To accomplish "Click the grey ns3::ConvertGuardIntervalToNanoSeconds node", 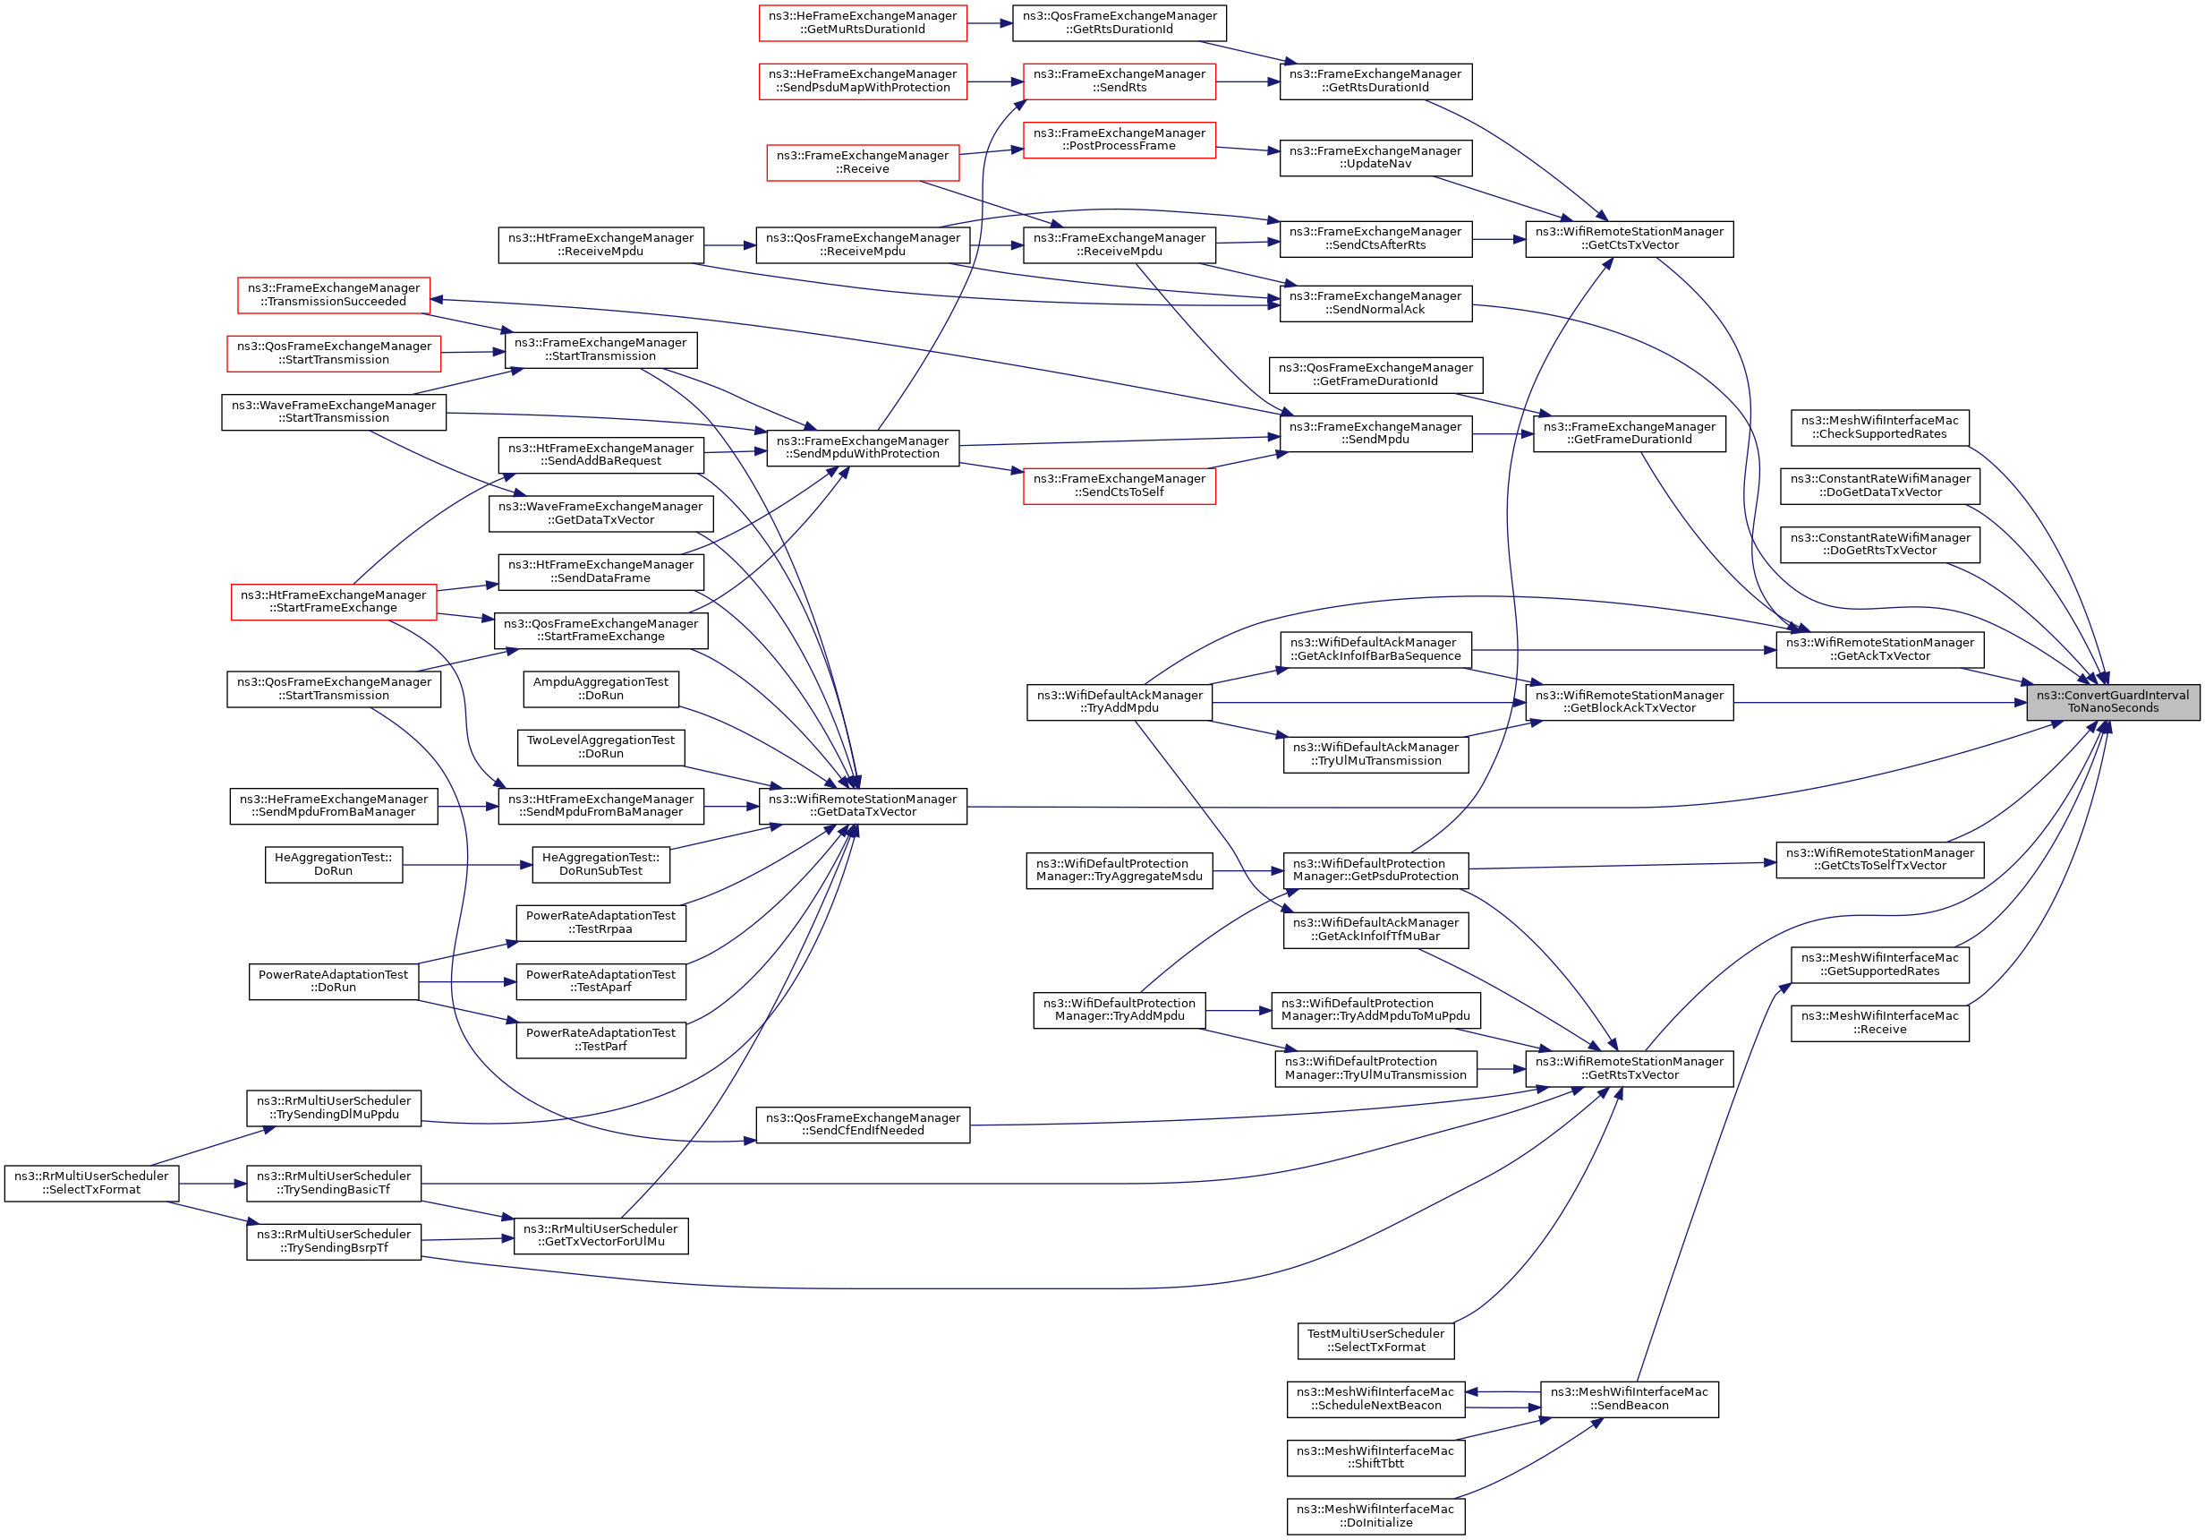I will [2112, 702].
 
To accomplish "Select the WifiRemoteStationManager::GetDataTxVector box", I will [863, 806].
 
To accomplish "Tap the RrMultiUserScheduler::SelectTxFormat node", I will [91, 1183].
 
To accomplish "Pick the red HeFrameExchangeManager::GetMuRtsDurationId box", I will [863, 23].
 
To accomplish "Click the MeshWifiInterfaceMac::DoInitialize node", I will [1375, 1516].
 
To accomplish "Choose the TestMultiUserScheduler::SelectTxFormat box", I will [1375, 1340].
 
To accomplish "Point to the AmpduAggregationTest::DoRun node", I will [600, 689].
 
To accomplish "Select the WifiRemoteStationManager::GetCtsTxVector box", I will [1629, 238].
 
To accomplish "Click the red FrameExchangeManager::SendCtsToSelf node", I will [1119, 485].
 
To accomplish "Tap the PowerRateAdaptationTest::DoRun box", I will [333, 981].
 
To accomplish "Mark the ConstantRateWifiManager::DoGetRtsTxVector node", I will [1879, 544].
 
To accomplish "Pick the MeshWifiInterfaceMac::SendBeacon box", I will [1629, 1399].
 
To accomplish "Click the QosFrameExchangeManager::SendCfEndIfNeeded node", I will [863, 1124].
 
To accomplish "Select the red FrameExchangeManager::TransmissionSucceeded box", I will [333, 295].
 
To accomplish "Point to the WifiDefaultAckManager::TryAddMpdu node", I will [1119, 702].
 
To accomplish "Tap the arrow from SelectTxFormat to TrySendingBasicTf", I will [212, 1184].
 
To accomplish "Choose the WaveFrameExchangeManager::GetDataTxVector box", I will [600, 514].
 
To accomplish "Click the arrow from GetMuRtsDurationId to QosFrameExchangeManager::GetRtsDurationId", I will [989, 23].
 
